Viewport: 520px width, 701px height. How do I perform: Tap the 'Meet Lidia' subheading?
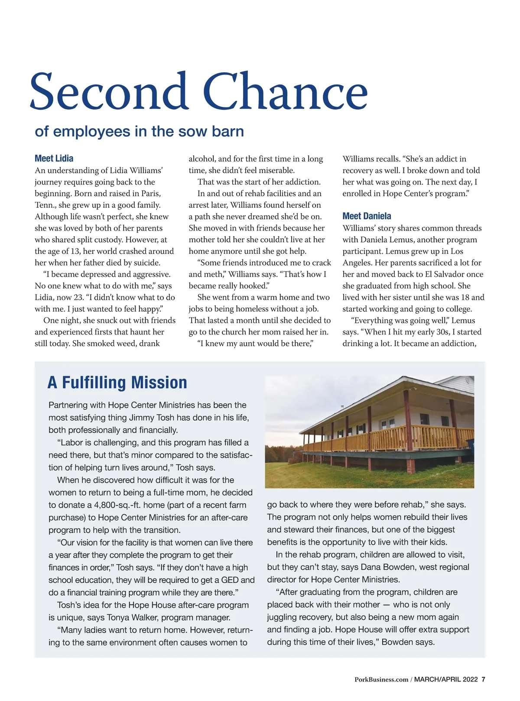coord(54,159)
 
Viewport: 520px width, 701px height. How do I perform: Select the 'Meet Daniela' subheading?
coord(367,216)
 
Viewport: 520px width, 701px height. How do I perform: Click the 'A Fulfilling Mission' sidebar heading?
coord(117,383)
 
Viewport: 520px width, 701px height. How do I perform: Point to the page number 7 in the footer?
coord(483,679)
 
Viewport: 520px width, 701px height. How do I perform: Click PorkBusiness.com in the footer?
coord(381,679)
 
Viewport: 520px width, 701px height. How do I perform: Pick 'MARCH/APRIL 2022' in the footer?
coord(446,679)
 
